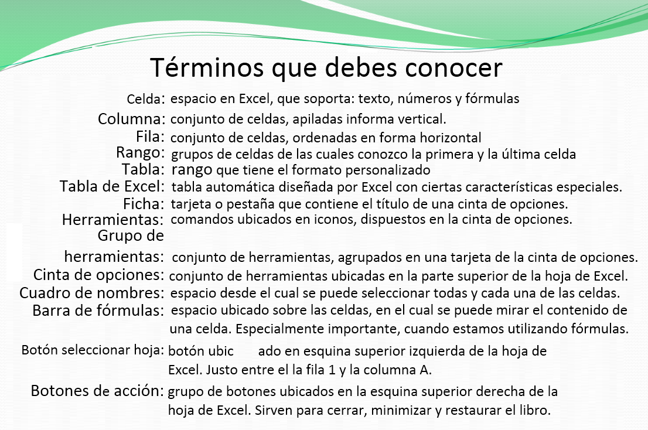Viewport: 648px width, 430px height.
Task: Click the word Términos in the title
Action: point(207,67)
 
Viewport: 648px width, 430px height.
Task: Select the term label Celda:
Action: point(146,99)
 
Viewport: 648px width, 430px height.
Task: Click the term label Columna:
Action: point(131,119)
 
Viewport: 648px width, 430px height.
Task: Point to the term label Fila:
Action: point(151,136)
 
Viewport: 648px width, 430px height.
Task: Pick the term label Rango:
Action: point(141,153)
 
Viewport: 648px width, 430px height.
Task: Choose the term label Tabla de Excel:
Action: point(112,186)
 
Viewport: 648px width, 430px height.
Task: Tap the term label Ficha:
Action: point(144,204)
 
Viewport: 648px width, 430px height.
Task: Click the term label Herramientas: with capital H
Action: point(113,219)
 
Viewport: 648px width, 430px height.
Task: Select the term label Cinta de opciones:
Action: point(99,275)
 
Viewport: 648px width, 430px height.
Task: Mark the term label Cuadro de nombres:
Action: point(92,293)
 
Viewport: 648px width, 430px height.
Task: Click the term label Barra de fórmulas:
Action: point(98,310)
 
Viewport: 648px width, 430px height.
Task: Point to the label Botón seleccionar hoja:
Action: point(93,350)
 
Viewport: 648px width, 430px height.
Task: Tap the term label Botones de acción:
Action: point(97,391)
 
